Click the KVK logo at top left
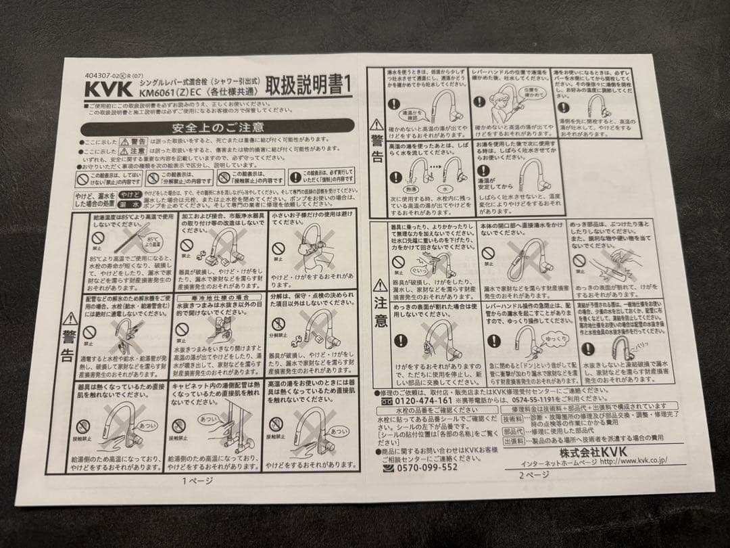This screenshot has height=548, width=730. tap(101, 89)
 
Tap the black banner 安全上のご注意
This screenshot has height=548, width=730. tap(216, 127)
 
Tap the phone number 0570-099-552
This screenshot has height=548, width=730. tap(420, 467)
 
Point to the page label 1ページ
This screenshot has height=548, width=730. tap(197, 481)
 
